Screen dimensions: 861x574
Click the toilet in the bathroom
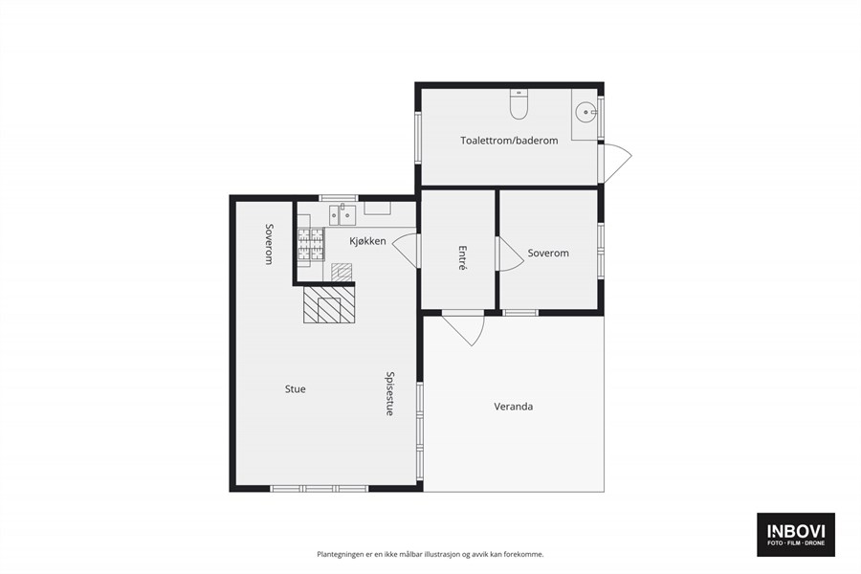519,104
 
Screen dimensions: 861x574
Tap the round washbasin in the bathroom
585,112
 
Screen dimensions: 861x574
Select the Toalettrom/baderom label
509,141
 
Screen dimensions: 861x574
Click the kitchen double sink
342,214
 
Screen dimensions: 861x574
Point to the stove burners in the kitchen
311,243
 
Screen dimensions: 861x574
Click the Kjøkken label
368,241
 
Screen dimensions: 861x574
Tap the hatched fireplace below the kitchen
329,305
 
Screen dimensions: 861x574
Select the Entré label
462,258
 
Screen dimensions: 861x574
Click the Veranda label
514,407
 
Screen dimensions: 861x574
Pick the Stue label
296,389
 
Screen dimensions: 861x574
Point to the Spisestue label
390,394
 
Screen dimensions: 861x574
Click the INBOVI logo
796,535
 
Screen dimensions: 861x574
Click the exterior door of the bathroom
616,163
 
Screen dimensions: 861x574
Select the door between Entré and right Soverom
510,254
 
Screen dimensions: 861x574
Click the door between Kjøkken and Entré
406,251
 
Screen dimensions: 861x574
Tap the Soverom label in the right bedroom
548,254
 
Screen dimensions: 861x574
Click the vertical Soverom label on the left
269,244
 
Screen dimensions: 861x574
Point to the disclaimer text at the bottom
430,554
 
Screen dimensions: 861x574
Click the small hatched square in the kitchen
342,273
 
